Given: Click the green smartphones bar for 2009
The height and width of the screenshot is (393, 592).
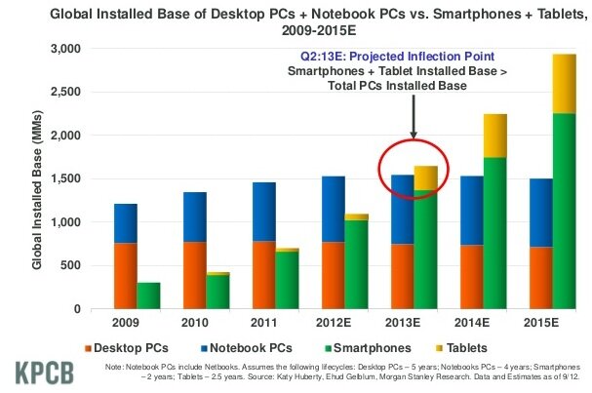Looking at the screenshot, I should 149,295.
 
